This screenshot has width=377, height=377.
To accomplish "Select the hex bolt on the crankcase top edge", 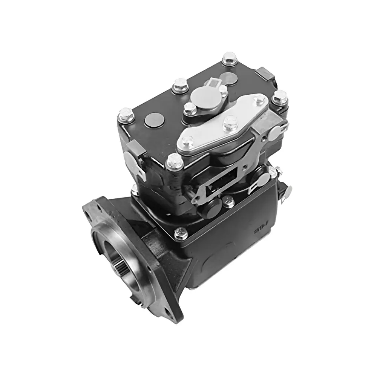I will tap(181, 233).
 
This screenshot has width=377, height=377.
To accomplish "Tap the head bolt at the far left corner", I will tap(126, 114).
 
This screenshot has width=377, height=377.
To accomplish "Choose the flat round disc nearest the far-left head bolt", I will tap(152, 121).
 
